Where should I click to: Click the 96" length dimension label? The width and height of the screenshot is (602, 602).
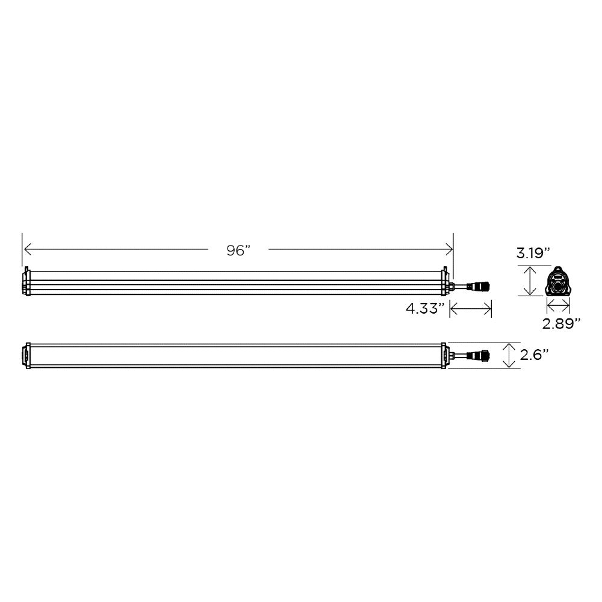[x=238, y=250]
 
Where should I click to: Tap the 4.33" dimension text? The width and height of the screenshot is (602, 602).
[x=425, y=308]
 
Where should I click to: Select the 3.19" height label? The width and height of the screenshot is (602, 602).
[x=533, y=253]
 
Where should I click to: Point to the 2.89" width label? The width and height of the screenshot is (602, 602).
[x=560, y=324]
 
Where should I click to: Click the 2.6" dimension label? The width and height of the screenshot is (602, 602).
[x=533, y=355]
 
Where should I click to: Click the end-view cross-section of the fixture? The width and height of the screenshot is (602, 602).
[x=557, y=281]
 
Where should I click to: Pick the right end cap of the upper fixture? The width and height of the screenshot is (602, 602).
[x=445, y=281]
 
